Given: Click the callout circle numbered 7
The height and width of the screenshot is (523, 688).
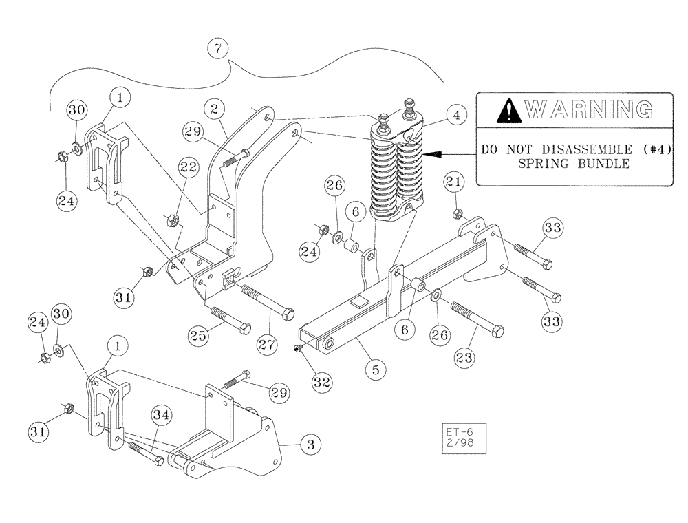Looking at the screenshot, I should click(218, 50).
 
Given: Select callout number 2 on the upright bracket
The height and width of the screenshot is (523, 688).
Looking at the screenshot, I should click(215, 109).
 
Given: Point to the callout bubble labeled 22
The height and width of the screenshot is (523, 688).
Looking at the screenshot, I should click(189, 167).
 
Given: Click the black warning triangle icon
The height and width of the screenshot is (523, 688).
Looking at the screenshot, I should click(509, 109).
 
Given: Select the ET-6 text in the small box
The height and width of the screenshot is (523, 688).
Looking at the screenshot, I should click(455, 431).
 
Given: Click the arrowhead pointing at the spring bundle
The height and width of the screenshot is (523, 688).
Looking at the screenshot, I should click(429, 155).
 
